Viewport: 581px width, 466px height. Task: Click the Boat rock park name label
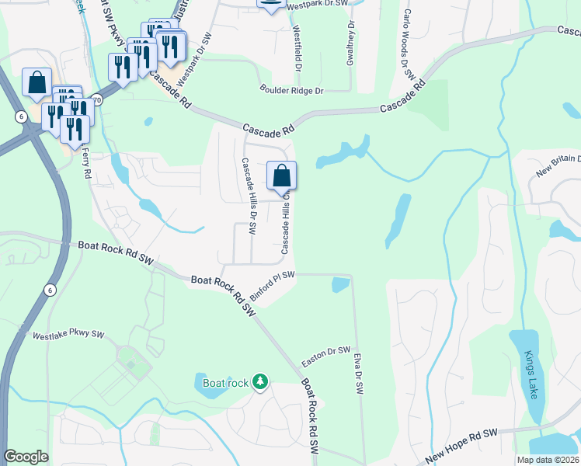click(225, 382)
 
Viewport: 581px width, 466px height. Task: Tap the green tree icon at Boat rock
click(262, 381)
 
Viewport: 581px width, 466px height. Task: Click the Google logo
click(26, 457)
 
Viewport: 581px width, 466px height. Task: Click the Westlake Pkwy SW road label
click(68, 336)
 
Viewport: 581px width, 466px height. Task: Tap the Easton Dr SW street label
click(326, 356)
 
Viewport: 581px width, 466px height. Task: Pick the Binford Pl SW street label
click(273, 281)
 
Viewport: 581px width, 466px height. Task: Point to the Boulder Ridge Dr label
click(291, 91)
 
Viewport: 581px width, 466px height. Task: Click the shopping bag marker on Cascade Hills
click(282, 176)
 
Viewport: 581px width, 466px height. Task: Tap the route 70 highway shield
click(96, 100)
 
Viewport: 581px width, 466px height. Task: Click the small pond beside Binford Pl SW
click(340, 285)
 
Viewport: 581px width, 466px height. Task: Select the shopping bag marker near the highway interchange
click(37, 83)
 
